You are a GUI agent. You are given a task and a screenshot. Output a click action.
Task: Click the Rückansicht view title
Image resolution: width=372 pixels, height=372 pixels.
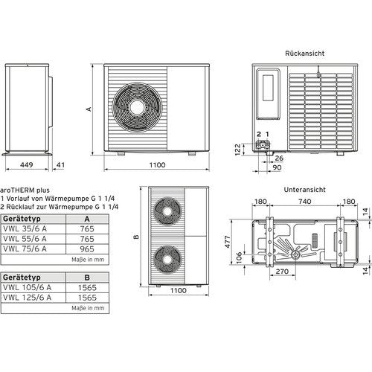pos(304,54)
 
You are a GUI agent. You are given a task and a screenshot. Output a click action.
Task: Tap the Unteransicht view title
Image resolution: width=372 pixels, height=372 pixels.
pos(304,190)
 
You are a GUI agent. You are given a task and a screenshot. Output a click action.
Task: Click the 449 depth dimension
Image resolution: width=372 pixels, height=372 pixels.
pos(27,164)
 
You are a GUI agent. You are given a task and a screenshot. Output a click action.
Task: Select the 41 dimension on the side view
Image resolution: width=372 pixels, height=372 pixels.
pos(60,164)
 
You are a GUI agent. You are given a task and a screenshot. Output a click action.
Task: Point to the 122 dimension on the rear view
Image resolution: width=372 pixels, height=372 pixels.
pos(237,150)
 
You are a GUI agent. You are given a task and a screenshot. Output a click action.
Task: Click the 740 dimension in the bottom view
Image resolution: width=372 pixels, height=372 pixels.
pos(304,202)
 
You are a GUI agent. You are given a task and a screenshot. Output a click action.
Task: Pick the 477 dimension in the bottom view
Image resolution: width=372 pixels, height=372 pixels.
pos(228,242)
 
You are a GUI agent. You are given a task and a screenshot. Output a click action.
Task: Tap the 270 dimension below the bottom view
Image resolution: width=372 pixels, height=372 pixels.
pos(282,272)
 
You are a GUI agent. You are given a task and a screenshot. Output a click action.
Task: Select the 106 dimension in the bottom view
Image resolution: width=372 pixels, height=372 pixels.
pos(239,258)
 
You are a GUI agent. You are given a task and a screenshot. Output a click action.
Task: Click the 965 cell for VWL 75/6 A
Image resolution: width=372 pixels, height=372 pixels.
pos(87,249)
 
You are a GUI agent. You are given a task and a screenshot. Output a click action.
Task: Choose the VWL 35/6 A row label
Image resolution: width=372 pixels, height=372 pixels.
pos(25,228)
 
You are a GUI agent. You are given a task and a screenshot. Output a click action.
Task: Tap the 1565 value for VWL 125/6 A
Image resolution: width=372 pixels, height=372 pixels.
pos(87,298)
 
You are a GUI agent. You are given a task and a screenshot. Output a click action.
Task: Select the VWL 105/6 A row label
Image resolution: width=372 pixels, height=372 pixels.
pos(27,287)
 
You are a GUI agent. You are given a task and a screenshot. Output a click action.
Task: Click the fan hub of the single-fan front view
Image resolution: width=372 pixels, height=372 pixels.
pos(137,107)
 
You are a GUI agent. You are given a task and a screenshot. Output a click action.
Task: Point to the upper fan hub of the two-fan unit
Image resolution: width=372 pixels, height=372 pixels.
pos(167,211)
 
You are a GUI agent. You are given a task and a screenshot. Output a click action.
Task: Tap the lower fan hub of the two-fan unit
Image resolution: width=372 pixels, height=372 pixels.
pos(167,260)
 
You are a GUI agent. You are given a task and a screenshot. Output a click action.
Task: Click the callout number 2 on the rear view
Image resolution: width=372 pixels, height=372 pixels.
pos(259,134)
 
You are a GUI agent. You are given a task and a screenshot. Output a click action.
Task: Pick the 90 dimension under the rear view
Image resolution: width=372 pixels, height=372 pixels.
pos(277,167)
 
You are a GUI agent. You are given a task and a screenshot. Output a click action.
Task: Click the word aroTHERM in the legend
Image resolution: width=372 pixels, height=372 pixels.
pos(17,190)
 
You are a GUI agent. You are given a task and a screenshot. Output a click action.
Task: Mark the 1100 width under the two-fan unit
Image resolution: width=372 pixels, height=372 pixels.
pos(179,290)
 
